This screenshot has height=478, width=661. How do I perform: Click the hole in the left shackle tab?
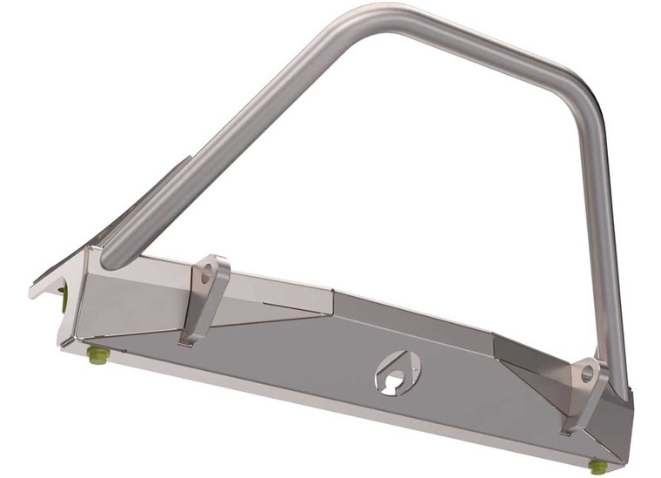coord(209,272)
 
